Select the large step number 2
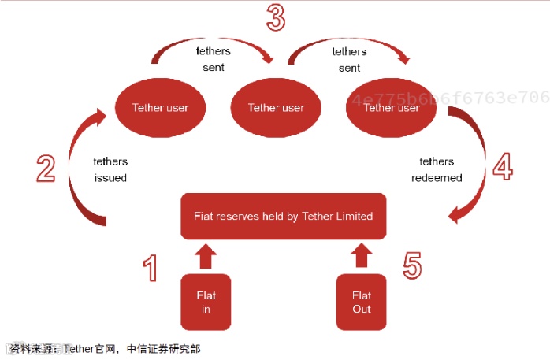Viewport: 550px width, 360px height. coord(46,167)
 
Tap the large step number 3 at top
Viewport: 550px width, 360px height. coord(275,17)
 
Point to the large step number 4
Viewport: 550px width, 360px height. coord(502,167)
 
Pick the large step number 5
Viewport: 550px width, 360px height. coord(412,265)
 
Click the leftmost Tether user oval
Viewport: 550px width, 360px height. coord(160,108)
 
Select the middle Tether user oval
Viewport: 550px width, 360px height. coord(275,108)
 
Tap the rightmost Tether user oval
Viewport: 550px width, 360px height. coord(391,108)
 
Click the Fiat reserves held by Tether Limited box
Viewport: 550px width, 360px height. coord(284,216)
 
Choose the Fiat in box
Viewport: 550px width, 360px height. coord(206,302)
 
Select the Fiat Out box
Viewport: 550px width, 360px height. coord(362,302)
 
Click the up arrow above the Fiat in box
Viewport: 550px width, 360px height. coord(206,256)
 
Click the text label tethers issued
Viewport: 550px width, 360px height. coord(110,169)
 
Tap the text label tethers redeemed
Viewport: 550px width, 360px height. coord(437,169)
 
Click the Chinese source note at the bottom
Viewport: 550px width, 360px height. coord(106,347)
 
